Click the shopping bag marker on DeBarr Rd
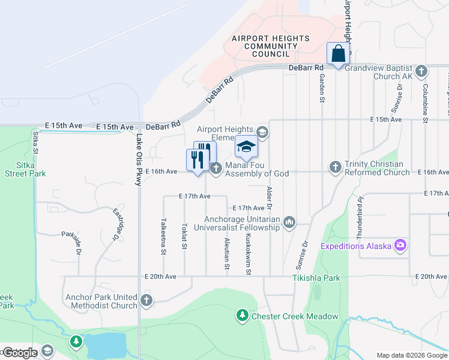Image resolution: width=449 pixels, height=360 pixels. click(339, 53)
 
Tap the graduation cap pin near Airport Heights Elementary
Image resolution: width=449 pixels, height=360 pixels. click(246, 146)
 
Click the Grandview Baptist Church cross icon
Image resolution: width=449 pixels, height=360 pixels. click(421, 71)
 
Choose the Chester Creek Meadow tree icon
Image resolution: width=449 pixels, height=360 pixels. click(243, 315)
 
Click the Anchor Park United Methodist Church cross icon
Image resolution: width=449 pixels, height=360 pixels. click(146, 300)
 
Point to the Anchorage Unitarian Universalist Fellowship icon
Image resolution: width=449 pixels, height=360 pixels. click(290, 223)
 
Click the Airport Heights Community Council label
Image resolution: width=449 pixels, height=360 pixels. click(271, 46)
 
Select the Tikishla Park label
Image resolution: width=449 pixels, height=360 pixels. click(316, 278)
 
